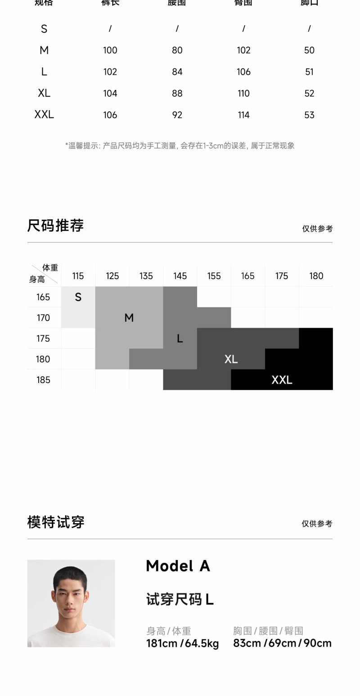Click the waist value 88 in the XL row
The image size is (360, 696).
[x=177, y=93]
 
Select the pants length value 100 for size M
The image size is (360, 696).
[x=110, y=50]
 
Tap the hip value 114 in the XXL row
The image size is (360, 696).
[x=243, y=115]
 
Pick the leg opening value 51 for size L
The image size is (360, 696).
[x=309, y=72]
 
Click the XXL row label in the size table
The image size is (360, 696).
[x=44, y=114]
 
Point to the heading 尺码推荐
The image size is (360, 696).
[x=55, y=226]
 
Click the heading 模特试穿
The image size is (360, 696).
[x=56, y=522]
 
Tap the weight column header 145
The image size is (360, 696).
[x=180, y=276]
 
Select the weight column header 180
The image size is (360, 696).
[x=316, y=276]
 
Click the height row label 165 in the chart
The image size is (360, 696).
[x=43, y=297]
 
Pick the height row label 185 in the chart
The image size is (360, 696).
[x=43, y=380]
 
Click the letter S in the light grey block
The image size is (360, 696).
[x=78, y=297]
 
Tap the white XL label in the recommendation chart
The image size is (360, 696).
[x=231, y=359]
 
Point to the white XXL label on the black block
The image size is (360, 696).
[x=282, y=380]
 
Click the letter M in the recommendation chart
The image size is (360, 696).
[x=129, y=318]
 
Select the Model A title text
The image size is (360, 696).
[x=178, y=566]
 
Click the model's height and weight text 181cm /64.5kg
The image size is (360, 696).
[x=182, y=643]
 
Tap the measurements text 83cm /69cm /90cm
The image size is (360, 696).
[x=282, y=643]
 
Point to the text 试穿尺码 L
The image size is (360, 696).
[x=180, y=600]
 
